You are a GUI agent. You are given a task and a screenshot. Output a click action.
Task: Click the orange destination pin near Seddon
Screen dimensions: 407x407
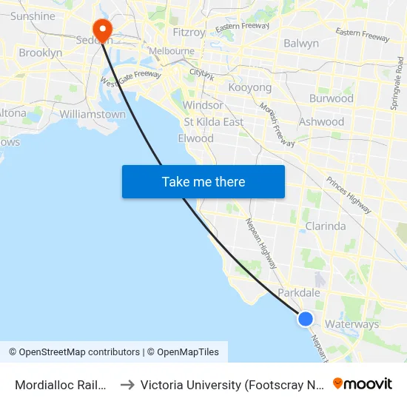click(101, 29)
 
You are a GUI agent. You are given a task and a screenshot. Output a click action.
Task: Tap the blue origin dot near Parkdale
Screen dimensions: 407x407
click(306, 319)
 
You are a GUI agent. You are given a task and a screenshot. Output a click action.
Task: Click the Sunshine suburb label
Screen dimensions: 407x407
click(33, 16)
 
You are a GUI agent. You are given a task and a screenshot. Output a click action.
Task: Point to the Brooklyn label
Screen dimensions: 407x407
click(41, 53)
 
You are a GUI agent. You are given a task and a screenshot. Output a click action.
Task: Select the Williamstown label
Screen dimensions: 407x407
click(92, 115)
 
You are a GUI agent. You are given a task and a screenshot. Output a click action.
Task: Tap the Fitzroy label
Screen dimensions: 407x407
click(189, 33)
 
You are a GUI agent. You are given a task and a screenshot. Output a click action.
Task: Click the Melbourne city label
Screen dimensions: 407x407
click(172, 51)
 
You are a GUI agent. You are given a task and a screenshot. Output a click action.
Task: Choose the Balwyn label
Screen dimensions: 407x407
click(301, 44)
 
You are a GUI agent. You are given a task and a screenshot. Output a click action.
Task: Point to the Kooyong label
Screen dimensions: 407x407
click(250, 88)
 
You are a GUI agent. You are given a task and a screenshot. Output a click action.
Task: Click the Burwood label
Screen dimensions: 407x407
click(332, 98)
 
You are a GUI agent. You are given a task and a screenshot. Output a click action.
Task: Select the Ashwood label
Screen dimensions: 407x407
click(321, 122)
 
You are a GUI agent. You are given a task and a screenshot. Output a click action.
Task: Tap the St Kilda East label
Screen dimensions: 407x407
click(214, 122)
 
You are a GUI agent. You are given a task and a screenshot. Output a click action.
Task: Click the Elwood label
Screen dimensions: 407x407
click(196, 138)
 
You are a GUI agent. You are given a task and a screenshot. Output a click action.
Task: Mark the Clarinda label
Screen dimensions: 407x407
click(326, 226)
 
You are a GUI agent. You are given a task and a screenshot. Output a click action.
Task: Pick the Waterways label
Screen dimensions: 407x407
click(351, 324)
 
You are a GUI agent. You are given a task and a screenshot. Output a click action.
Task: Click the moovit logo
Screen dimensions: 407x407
click(362, 384)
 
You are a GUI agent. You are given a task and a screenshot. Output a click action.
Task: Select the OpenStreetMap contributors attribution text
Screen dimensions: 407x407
click(73, 352)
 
